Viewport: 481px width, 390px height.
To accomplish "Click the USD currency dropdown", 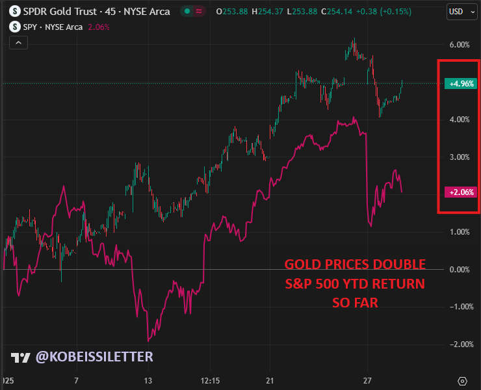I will (x=459, y=11).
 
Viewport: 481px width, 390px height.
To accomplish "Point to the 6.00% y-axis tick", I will (x=459, y=45).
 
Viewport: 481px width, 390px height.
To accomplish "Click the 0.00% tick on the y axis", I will (x=459, y=269).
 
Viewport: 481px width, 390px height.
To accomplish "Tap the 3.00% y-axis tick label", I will (x=459, y=157).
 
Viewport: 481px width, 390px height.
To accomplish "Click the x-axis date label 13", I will (x=148, y=380).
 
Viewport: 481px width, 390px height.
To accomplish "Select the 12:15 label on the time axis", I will (x=210, y=380).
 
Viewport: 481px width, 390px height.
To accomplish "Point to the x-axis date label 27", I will (x=368, y=380).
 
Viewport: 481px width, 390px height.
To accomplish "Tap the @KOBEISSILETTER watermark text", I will (x=94, y=357).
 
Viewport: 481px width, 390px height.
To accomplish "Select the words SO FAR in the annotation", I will (x=355, y=303).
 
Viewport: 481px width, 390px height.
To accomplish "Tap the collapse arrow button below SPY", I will (x=18, y=42).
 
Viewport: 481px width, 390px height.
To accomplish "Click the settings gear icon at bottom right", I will (x=463, y=380).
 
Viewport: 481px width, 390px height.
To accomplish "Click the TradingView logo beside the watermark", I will (x=20, y=357).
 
